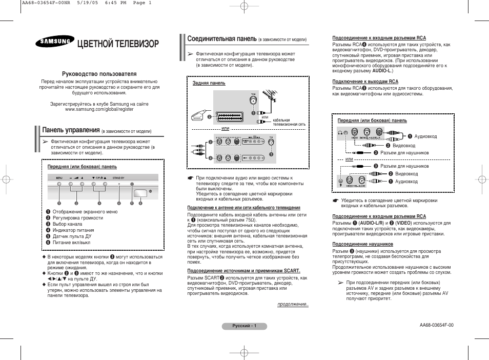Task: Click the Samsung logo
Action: tap(53, 44)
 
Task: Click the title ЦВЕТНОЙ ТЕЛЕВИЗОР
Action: tap(117, 44)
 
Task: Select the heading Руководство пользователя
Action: tap(99, 74)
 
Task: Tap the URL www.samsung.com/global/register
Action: tap(99, 109)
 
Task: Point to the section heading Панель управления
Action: tap(71, 130)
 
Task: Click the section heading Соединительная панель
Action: tap(221, 39)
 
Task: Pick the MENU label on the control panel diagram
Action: tap(59, 177)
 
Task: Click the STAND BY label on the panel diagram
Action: tap(118, 177)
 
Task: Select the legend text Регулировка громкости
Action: tap(77, 218)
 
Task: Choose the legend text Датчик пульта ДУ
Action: tap(72, 236)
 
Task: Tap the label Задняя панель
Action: tap(209, 83)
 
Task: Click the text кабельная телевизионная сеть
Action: tap(289, 122)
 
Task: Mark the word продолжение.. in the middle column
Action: tap(293, 304)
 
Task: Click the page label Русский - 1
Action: tap(244, 326)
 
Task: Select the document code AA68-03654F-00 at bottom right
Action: tap(436, 325)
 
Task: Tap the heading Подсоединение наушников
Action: tap(362, 244)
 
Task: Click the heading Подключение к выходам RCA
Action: tap(365, 82)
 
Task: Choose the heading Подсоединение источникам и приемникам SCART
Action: tap(243, 270)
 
